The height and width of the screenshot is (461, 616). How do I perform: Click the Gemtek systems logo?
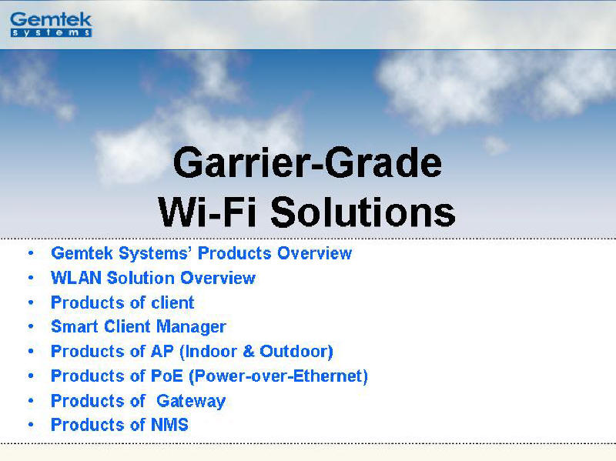(51, 25)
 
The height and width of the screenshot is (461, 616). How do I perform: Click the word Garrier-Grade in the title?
(307, 162)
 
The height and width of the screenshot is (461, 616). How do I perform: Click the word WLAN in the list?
(76, 278)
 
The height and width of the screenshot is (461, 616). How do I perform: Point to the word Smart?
(75, 326)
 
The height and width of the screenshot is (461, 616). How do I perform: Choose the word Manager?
(191, 327)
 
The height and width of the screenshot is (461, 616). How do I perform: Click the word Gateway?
(191, 401)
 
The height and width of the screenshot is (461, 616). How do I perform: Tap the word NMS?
(169, 425)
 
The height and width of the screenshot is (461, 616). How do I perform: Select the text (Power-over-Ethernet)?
(278, 376)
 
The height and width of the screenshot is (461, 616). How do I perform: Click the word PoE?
(167, 376)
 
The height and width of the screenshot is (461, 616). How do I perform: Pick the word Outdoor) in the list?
(296, 352)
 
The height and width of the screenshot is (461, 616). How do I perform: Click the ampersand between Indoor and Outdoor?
(249, 352)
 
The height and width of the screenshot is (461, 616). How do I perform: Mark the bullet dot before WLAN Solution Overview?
(31, 278)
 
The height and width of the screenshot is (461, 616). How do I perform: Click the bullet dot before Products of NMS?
(31, 425)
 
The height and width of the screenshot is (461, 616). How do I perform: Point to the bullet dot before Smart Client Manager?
(31, 326)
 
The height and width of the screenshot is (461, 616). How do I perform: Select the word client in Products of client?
(172, 302)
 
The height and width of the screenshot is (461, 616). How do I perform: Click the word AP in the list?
(162, 352)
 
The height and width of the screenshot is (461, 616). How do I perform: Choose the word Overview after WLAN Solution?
(218, 278)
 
